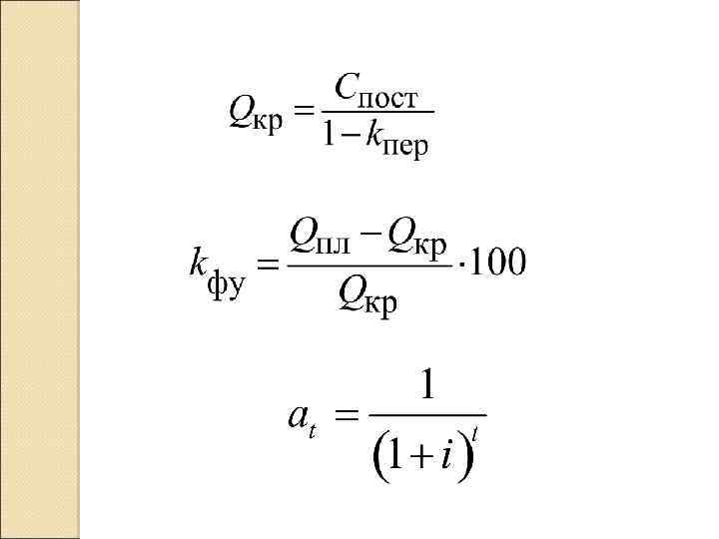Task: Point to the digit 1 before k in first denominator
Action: point(328,137)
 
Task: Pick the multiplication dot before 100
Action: point(460,266)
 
